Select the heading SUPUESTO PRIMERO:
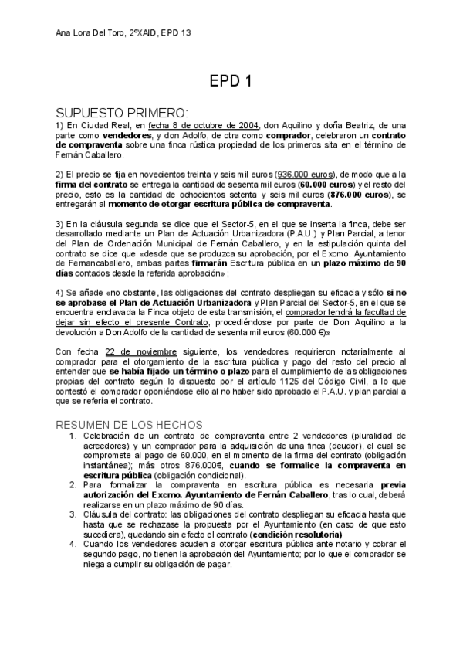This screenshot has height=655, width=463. (117, 112)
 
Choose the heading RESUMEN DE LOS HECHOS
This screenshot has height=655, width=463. (130, 425)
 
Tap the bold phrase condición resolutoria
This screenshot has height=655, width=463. (296, 533)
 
